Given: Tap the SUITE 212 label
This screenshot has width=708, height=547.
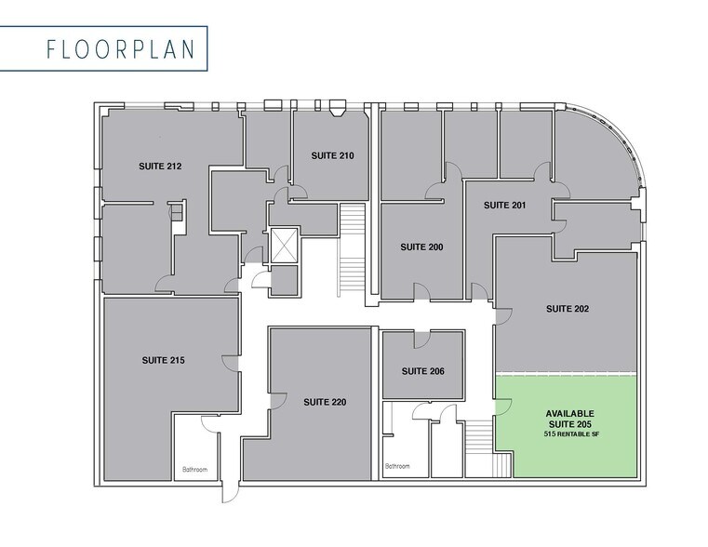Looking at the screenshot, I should click(x=160, y=167).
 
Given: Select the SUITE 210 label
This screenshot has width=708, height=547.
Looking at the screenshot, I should click(x=332, y=155).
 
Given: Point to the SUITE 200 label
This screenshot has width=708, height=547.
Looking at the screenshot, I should click(x=421, y=247).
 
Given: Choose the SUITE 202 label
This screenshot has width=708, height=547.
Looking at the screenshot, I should click(x=568, y=308).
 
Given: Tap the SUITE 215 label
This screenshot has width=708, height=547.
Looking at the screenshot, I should click(x=164, y=359).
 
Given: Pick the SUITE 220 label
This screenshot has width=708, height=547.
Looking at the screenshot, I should click(x=325, y=403).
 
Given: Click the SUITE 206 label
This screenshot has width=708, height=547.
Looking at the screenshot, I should click(x=423, y=371).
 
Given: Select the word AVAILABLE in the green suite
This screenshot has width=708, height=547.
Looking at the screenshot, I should click(x=569, y=413).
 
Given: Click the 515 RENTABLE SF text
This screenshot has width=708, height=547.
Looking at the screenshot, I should click(x=569, y=435).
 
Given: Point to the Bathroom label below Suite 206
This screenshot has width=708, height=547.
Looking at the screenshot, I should click(x=398, y=465).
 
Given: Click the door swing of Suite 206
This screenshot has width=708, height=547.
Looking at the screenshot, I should click(x=422, y=338).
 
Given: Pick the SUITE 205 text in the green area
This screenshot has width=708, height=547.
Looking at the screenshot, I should click(x=569, y=424).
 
